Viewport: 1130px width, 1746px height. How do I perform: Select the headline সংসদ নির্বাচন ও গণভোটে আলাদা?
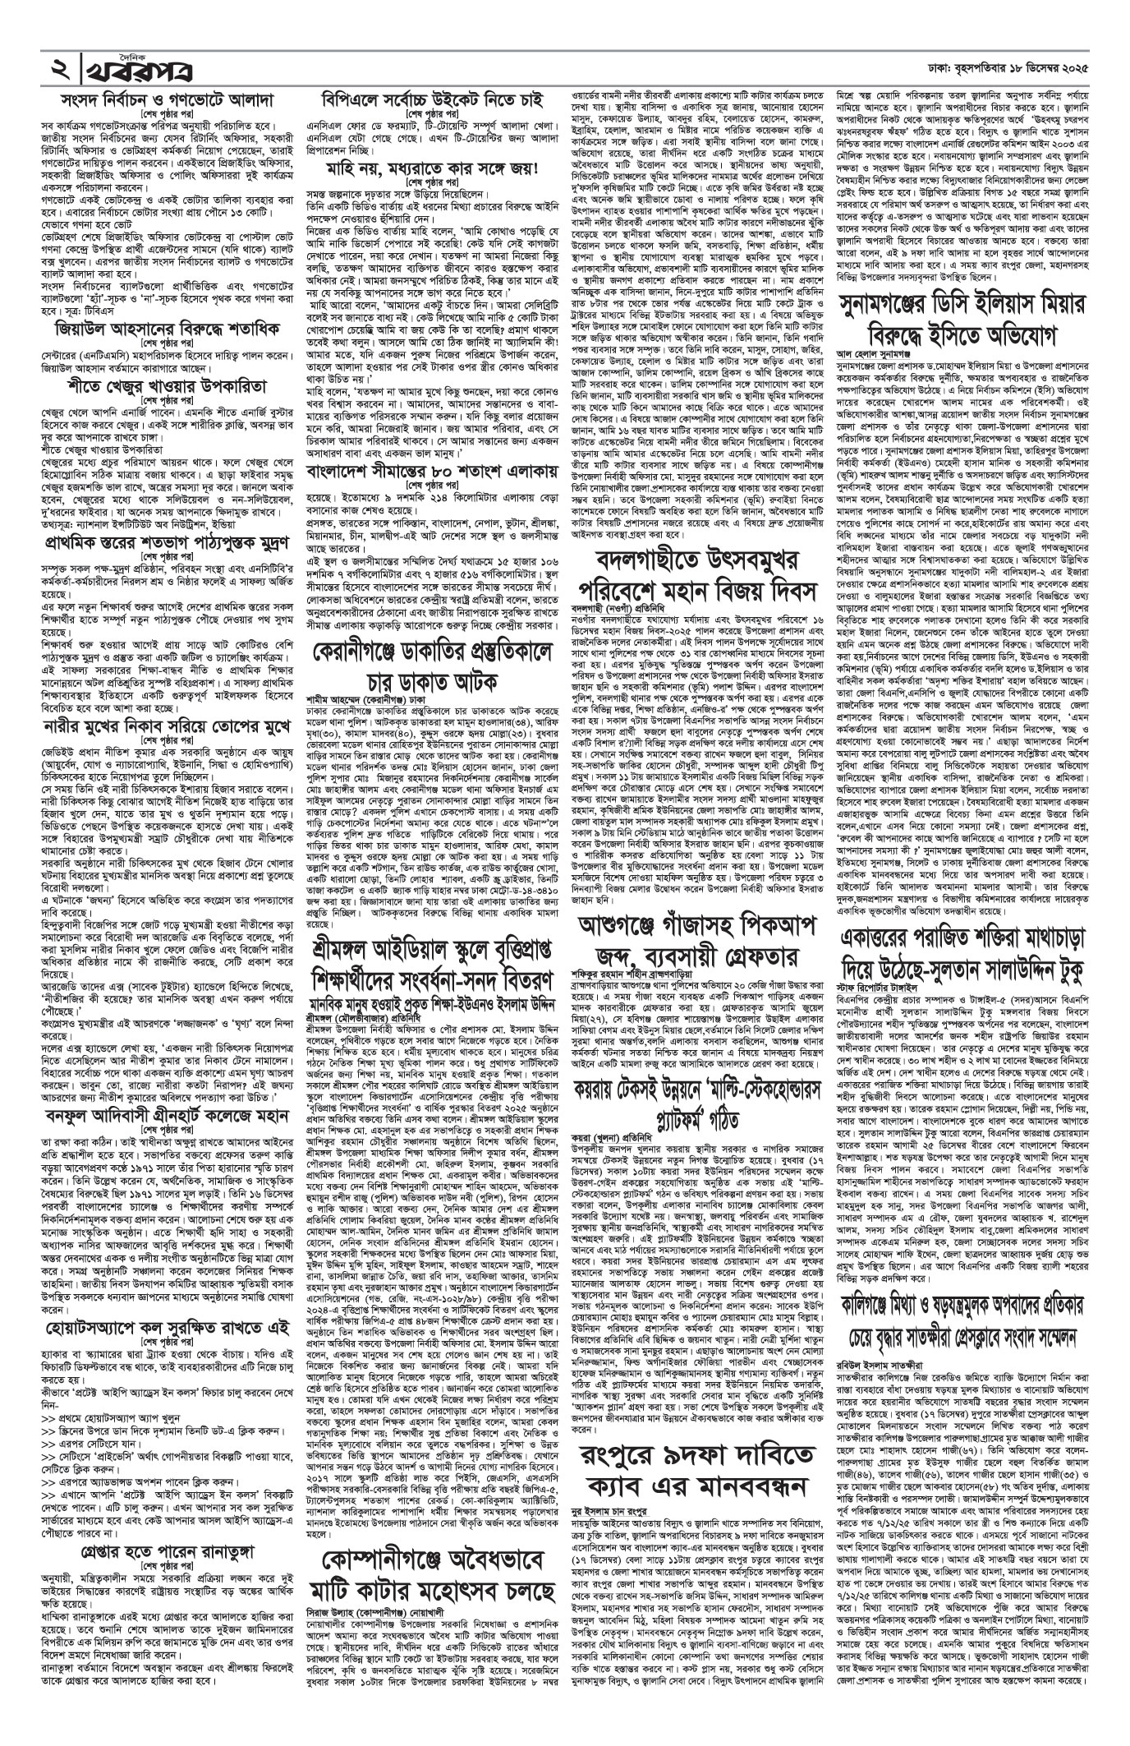point(168,103)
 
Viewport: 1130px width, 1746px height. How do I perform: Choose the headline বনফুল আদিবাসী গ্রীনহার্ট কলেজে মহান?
point(168,1115)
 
